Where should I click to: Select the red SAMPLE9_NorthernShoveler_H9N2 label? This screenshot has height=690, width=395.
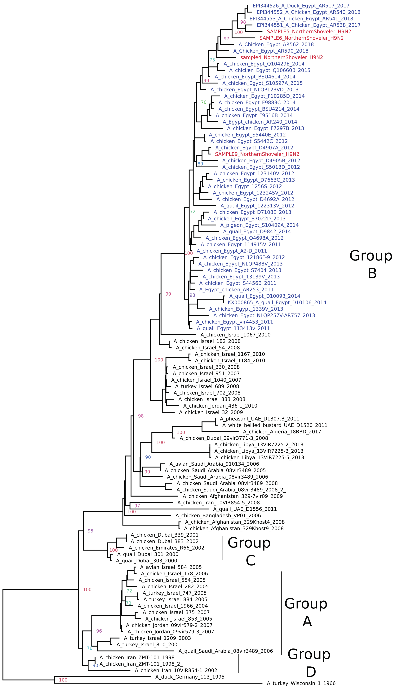click(x=257, y=154)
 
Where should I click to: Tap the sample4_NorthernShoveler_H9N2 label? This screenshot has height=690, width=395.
click(x=281, y=57)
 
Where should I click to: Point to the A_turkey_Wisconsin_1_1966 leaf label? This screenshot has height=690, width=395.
click(x=301, y=683)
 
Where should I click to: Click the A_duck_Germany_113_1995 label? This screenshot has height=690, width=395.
click(x=190, y=677)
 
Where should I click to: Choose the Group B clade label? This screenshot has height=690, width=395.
click(x=371, y=264)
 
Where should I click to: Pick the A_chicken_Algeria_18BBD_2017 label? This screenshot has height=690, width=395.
click(x=282, y=432)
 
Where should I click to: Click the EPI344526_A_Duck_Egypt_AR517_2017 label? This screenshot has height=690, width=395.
click(x=301, y=6)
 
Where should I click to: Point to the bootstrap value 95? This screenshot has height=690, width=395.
click(x=90, y=531)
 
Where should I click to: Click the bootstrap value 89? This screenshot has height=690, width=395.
click(x=200, y=164)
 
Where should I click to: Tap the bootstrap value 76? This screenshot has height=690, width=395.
click(x=90, y=648)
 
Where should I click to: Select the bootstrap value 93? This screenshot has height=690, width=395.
click(x=192, y=295)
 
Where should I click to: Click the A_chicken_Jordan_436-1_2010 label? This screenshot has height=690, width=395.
click(x=220, y=406)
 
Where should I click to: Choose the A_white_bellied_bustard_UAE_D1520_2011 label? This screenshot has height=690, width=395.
click(x=275, y=425)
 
